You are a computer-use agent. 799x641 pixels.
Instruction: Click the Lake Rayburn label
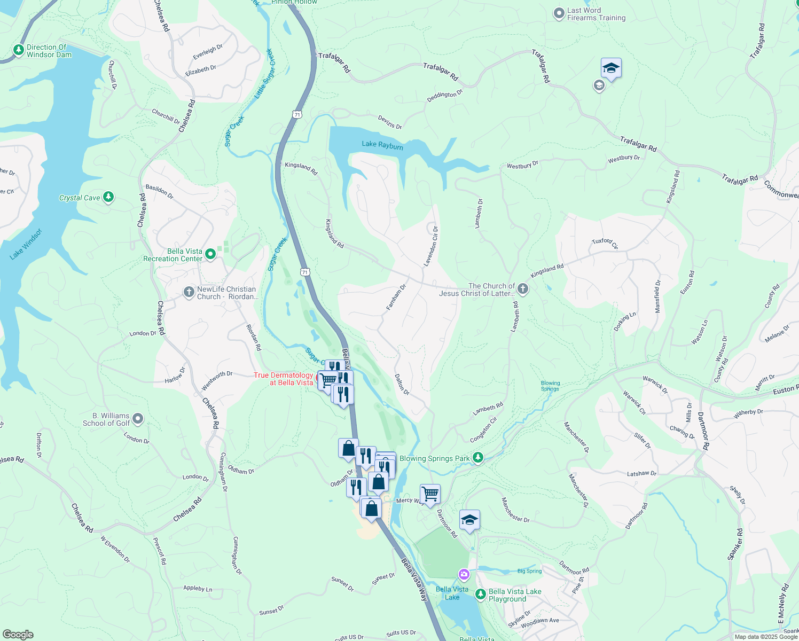pyautogui.click(x=382, y=144)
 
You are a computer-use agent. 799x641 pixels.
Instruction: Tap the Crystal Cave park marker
pyautogui.click(x=108, y=197)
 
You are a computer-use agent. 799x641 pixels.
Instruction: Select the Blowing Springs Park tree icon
pyautogui.click(x=478, y=458)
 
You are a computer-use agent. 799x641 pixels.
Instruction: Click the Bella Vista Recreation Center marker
pyautogui.click(x=210, y=254)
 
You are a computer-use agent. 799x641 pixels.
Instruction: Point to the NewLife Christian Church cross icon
pyautogui.click(x=189, y=292)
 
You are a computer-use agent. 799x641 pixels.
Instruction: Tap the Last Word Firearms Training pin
pyautogui.click(x=559, y=13)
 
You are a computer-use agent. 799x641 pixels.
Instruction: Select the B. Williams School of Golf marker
pyautogui.click(x=138, y=419)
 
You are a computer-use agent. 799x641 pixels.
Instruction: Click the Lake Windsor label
pyautogui.click(x=26, y=244)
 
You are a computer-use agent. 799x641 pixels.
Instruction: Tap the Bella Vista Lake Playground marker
pyautogui.click(x=480, y=594)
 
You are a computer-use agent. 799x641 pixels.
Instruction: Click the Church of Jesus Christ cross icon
pyautogui.click(x=523, y=289)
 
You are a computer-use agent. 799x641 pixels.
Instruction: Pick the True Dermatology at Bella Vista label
pyautogui.click(x=284, y=379)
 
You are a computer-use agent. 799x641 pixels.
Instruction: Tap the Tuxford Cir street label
pyautogui.click(x=605, y=243)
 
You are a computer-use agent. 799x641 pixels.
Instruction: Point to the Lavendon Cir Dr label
pyautogui.click(x=431, y=246)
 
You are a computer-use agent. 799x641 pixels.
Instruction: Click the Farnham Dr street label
pyautogui.click(x=396, y=298)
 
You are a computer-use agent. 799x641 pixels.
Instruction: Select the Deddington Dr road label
pyautogui.click(x=444, y=96)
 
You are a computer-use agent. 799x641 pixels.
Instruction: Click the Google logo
pyautogui.click(x=18, y=634)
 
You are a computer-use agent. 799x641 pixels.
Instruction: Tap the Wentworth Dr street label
pyautogui.click(x=217, y=380)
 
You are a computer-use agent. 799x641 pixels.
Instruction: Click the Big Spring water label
pyautogui.click(x=529, y=571)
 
